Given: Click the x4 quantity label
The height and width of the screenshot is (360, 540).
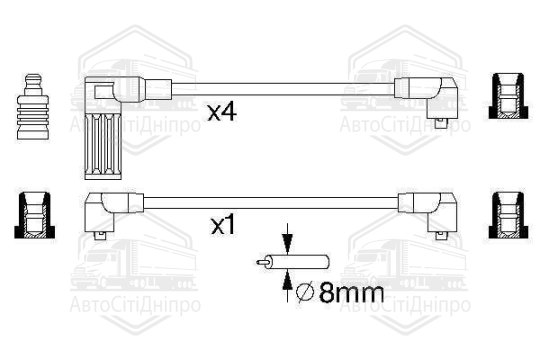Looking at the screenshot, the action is pyautogui.click(x=222, y=112).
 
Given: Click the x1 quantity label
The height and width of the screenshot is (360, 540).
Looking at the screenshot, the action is pyautogui.click(x=223, y=225).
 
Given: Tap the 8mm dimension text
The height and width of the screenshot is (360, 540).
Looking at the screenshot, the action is pyautogui.click(x=351, y=292).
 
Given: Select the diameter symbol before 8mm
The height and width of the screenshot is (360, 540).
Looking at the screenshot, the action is pyautogui.click(x=305, y=292).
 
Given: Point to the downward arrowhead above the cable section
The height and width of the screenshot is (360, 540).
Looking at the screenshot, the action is pyautogui.click(x=287, y=242).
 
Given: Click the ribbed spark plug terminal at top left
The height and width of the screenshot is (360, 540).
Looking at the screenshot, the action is pyautogui.click(x=33, y=107).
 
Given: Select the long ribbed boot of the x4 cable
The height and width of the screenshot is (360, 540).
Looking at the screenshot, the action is pyautogui.click(x=103, y=145).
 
